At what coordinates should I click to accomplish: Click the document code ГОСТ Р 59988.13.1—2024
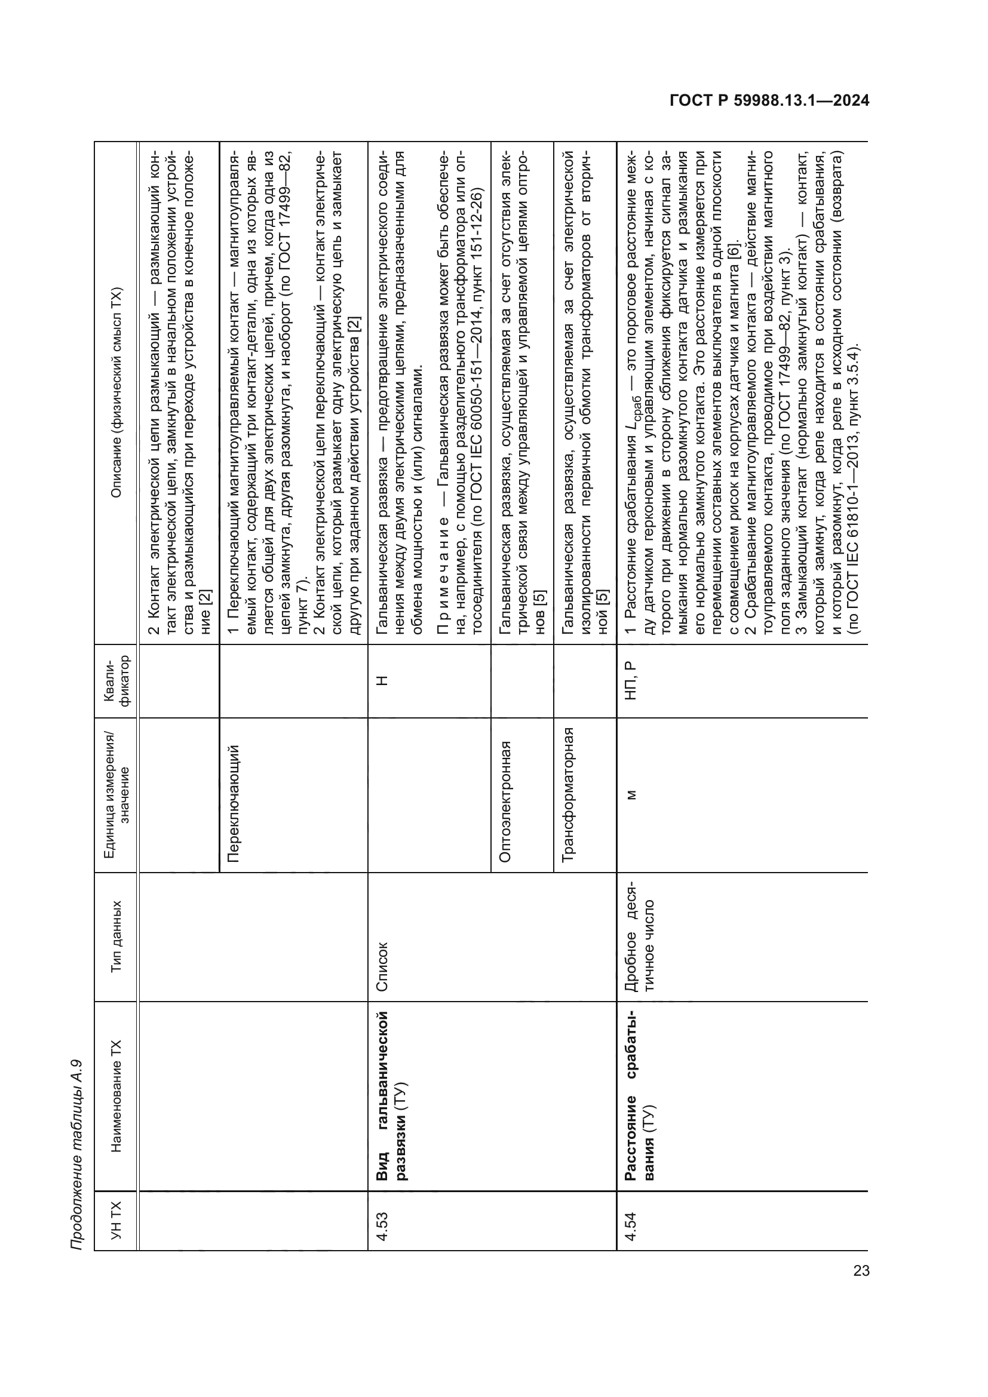[769, 100]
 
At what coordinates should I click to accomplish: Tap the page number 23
[861, 1270]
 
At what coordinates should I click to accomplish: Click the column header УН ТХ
[116, 1220]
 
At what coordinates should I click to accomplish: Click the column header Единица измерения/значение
[116, 794]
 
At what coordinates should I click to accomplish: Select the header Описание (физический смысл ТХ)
[116, 393]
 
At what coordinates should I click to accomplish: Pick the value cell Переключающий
[233, 794]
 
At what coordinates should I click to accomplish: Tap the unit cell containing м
[630, 794]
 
